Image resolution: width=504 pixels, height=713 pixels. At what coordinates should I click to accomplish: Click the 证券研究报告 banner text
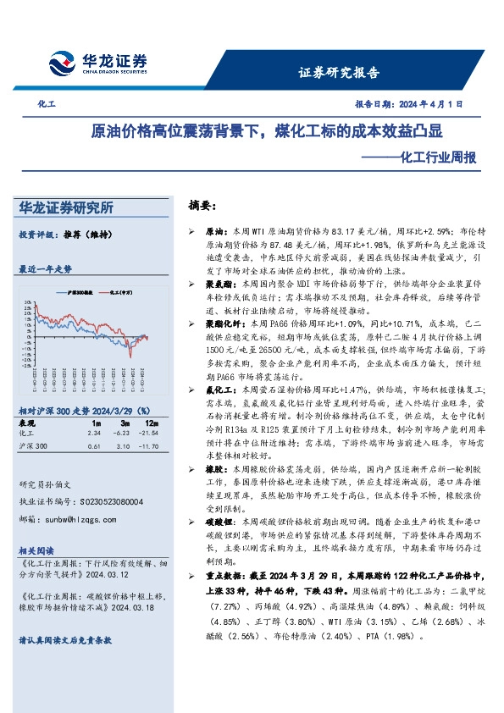click(x=339, y=73)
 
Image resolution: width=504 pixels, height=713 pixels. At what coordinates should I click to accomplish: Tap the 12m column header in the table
click(x=152, y=422)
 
